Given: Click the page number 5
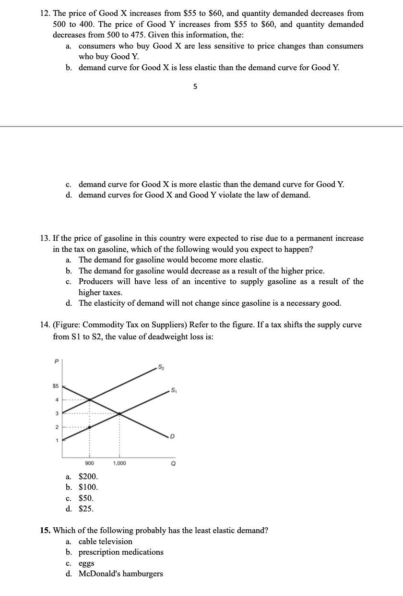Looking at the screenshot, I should (195, 87).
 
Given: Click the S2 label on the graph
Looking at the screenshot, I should (162, 367).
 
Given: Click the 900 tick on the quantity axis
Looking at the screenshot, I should (89, 463).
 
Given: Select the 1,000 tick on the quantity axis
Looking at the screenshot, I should (119, 463).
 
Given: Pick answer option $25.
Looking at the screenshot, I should (86, 509).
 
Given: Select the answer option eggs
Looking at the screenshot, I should (86, 563).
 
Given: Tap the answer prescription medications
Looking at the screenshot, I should (121, 552).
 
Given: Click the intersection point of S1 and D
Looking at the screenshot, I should (119, 413).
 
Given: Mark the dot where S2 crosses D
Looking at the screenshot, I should (89, 399).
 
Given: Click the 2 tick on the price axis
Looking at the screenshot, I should (56, 427).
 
